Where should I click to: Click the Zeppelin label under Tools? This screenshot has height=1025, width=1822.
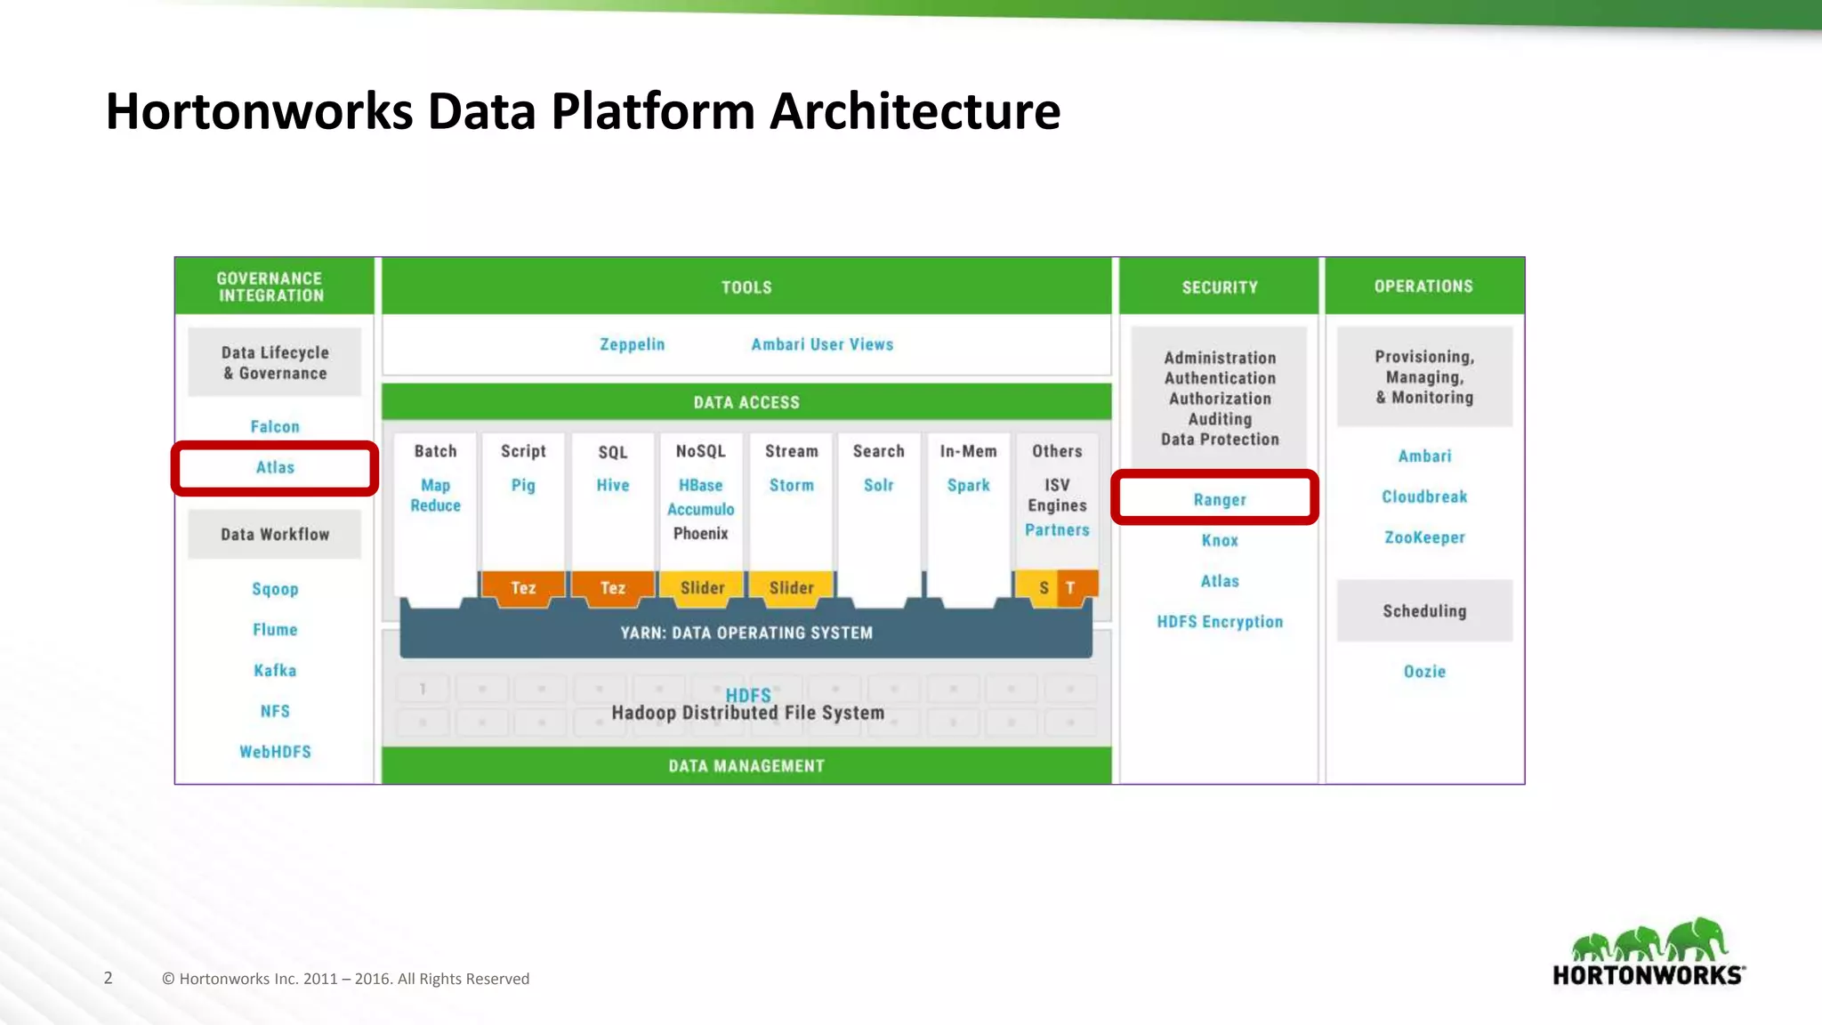coord(632,344)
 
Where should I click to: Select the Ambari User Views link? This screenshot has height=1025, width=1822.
coord(822,344)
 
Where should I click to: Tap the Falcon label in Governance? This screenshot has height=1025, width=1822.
coord(275,427)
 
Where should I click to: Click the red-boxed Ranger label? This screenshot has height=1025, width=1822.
coord(1220,500)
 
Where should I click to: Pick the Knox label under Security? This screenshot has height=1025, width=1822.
coord(1220,541)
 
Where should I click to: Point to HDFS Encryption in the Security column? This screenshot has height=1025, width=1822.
coord(1220,622)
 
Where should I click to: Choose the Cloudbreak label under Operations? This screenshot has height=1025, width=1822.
coord(1424,496)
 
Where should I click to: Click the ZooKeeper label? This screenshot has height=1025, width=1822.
coord(1424,537)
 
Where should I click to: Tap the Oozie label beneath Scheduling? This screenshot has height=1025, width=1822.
coord(1424,672)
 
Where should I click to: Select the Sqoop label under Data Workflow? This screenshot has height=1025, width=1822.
coord(275,589)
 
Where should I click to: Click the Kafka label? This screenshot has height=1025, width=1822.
coord(275,671)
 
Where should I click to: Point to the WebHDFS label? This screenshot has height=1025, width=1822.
coord(275,752)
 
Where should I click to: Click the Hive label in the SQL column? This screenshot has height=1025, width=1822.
coord(613,485)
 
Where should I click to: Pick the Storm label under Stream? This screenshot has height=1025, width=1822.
coord(791,485)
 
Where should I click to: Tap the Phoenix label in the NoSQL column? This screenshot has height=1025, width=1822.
coord(701,534)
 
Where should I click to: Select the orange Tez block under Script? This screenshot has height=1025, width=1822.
coord(523,588)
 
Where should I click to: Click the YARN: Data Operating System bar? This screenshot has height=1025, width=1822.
coord(746,633)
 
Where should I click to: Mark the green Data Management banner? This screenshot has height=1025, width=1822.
coord(746,766)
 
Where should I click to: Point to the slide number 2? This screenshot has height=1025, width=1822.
coord(109,978)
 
